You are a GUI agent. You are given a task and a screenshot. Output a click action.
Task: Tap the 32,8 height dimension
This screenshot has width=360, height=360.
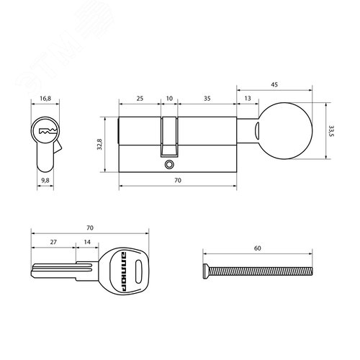coord(99,144)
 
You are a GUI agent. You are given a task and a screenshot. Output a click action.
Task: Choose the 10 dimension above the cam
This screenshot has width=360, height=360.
coord(170,96)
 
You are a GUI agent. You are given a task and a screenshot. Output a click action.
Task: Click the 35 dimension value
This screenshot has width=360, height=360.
coord(207,96)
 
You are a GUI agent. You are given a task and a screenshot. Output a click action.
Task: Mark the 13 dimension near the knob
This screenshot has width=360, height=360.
coord(248,96)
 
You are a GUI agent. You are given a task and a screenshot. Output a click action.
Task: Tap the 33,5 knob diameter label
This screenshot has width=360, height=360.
coord(332,130)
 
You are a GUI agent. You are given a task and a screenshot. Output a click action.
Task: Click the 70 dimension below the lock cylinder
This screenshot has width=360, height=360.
coord(178,183)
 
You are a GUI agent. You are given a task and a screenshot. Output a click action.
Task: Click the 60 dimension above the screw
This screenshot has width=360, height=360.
coord(257,248)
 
